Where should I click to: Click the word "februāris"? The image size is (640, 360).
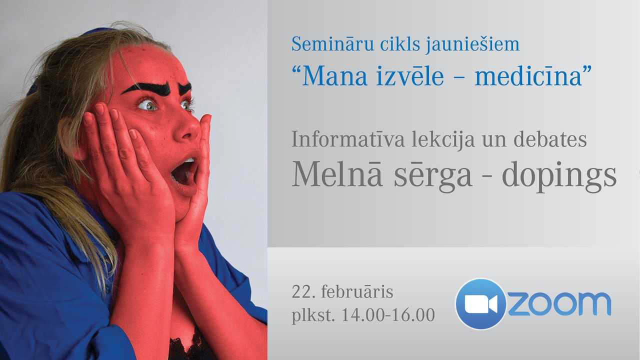pyautogui.click(x=357, y=292)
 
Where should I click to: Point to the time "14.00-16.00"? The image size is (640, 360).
pyautogui.click(x=388, y=315)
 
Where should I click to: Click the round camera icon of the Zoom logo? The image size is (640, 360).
pyautogui.click(x=480, y=303)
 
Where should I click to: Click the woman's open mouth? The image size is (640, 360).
pyautogui.click(x=184, y=172)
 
